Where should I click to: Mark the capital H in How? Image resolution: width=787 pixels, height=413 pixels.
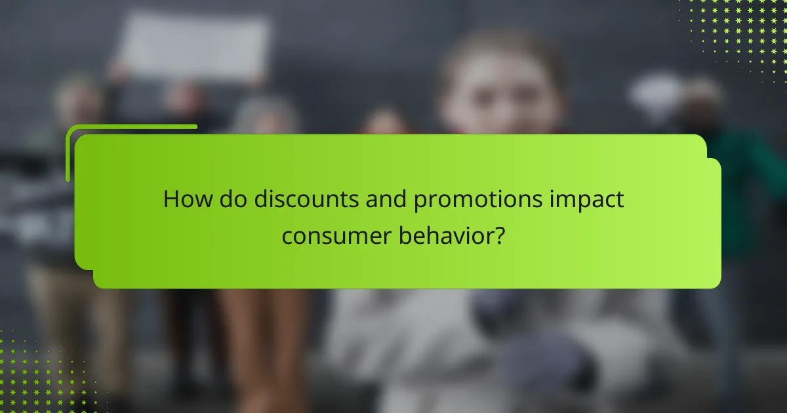171,199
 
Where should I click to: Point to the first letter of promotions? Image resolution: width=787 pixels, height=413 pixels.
420,202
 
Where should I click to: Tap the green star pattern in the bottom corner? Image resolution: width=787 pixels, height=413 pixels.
39,374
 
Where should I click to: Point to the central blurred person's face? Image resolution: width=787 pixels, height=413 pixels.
502,92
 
